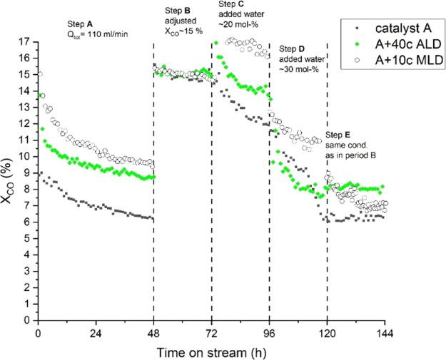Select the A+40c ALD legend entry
pyautogui.click(x=396, y=43)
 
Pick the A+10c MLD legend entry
pyautogui.click(x=396, y=58)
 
